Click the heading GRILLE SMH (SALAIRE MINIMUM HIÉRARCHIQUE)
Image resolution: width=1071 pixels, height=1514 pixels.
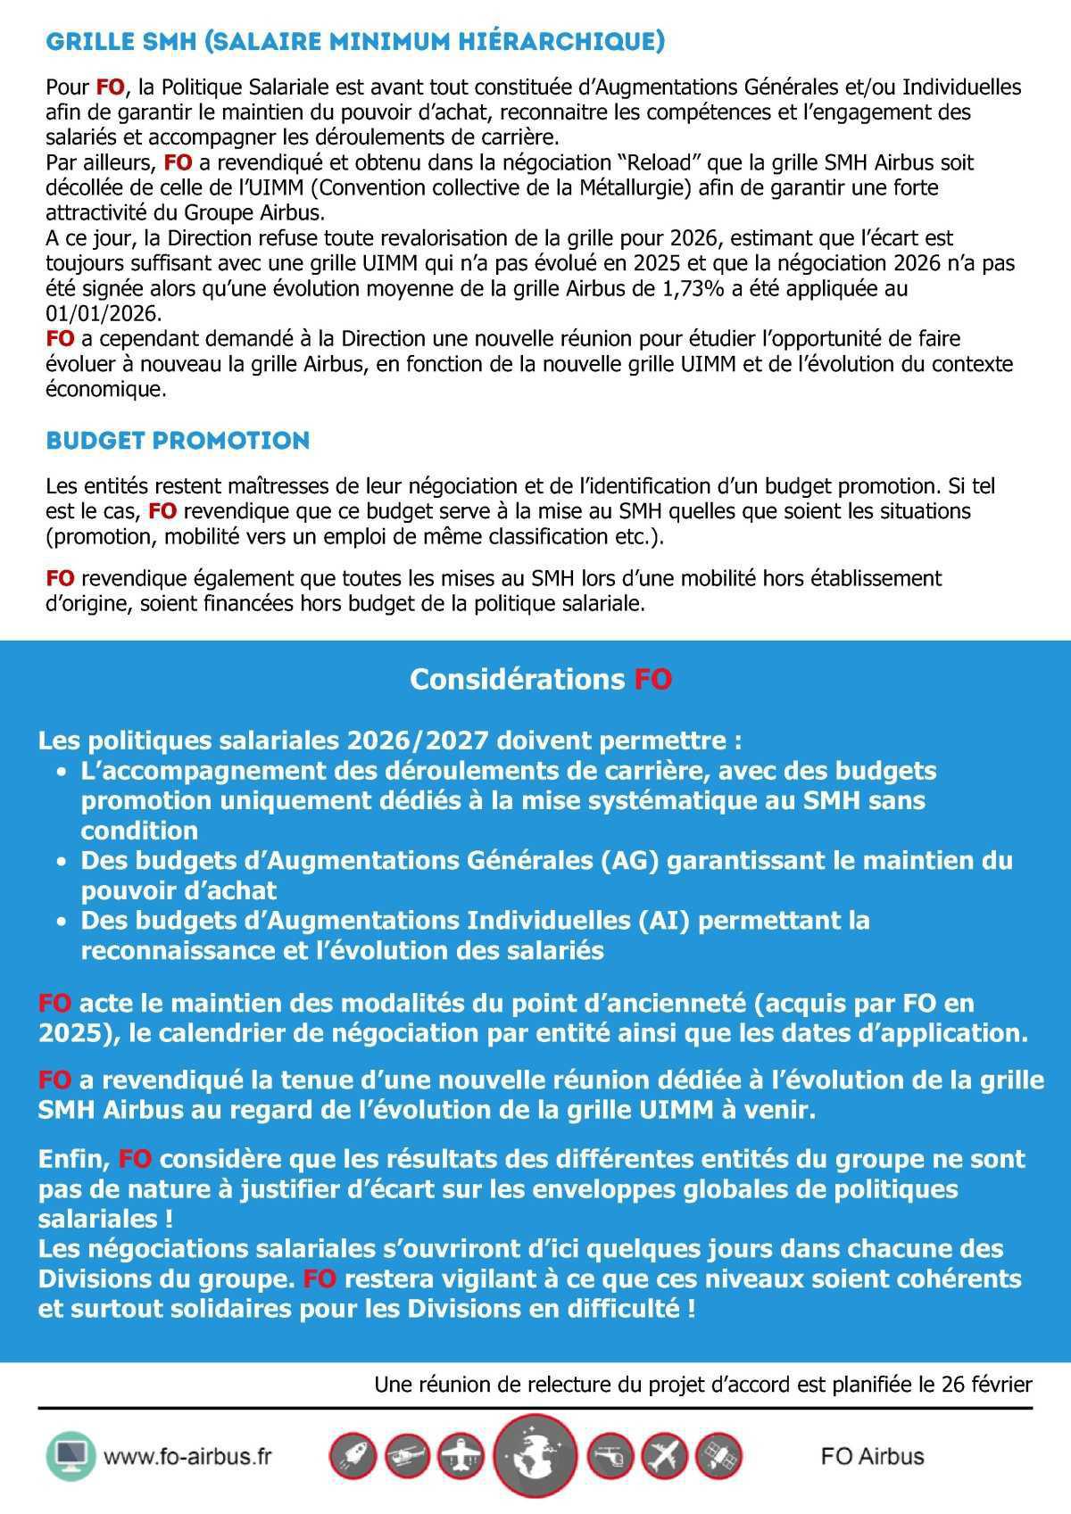[354, 42]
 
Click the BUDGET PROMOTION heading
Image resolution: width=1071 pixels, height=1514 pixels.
[178, 441]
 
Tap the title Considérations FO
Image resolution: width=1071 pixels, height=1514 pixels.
[540, 679]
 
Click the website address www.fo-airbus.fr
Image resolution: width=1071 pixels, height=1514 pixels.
[187, 1457]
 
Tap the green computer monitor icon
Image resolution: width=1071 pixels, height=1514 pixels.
[70, 1457]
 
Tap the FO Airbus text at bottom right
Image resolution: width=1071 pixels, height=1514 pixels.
[872, 1457]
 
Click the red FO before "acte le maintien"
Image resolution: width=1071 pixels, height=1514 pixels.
[54, 1003]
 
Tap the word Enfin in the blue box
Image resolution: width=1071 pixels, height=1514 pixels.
[72, 1159]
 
